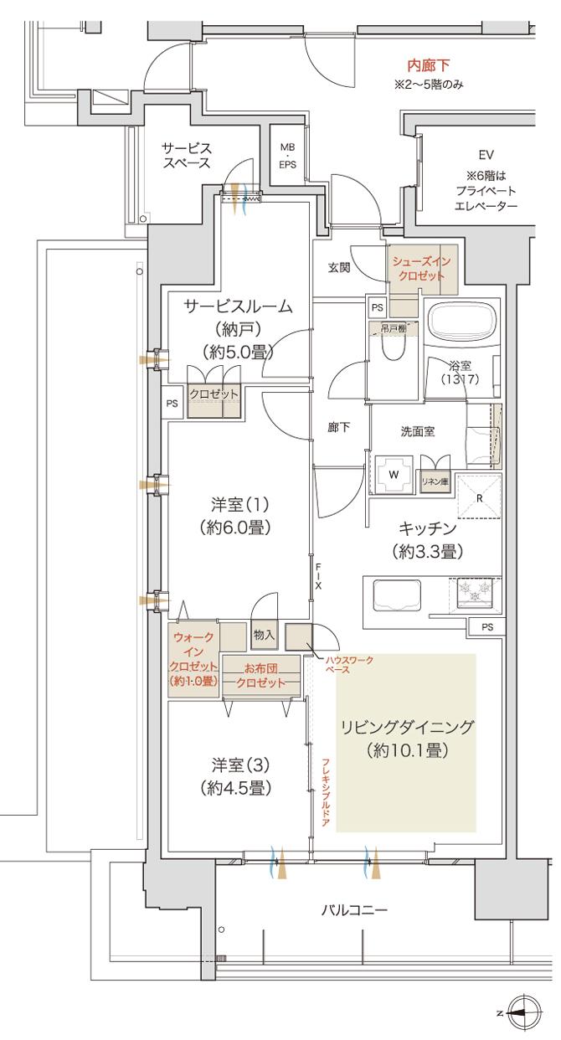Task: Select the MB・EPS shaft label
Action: click(287, 156)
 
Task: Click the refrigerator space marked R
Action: click(478, 496)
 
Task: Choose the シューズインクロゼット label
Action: click(422, 268)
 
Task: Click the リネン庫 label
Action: click(435, 481)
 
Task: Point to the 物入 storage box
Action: click(264, 636)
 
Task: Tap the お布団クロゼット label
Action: click(260, 675)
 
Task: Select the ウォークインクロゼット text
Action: click(193, 659)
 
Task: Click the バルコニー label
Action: click(354, 909)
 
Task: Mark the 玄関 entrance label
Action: click(339, 268)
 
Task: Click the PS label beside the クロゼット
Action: click(172, 403)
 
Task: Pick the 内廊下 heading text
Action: click(429, 65)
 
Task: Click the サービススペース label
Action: click(186, 156)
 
